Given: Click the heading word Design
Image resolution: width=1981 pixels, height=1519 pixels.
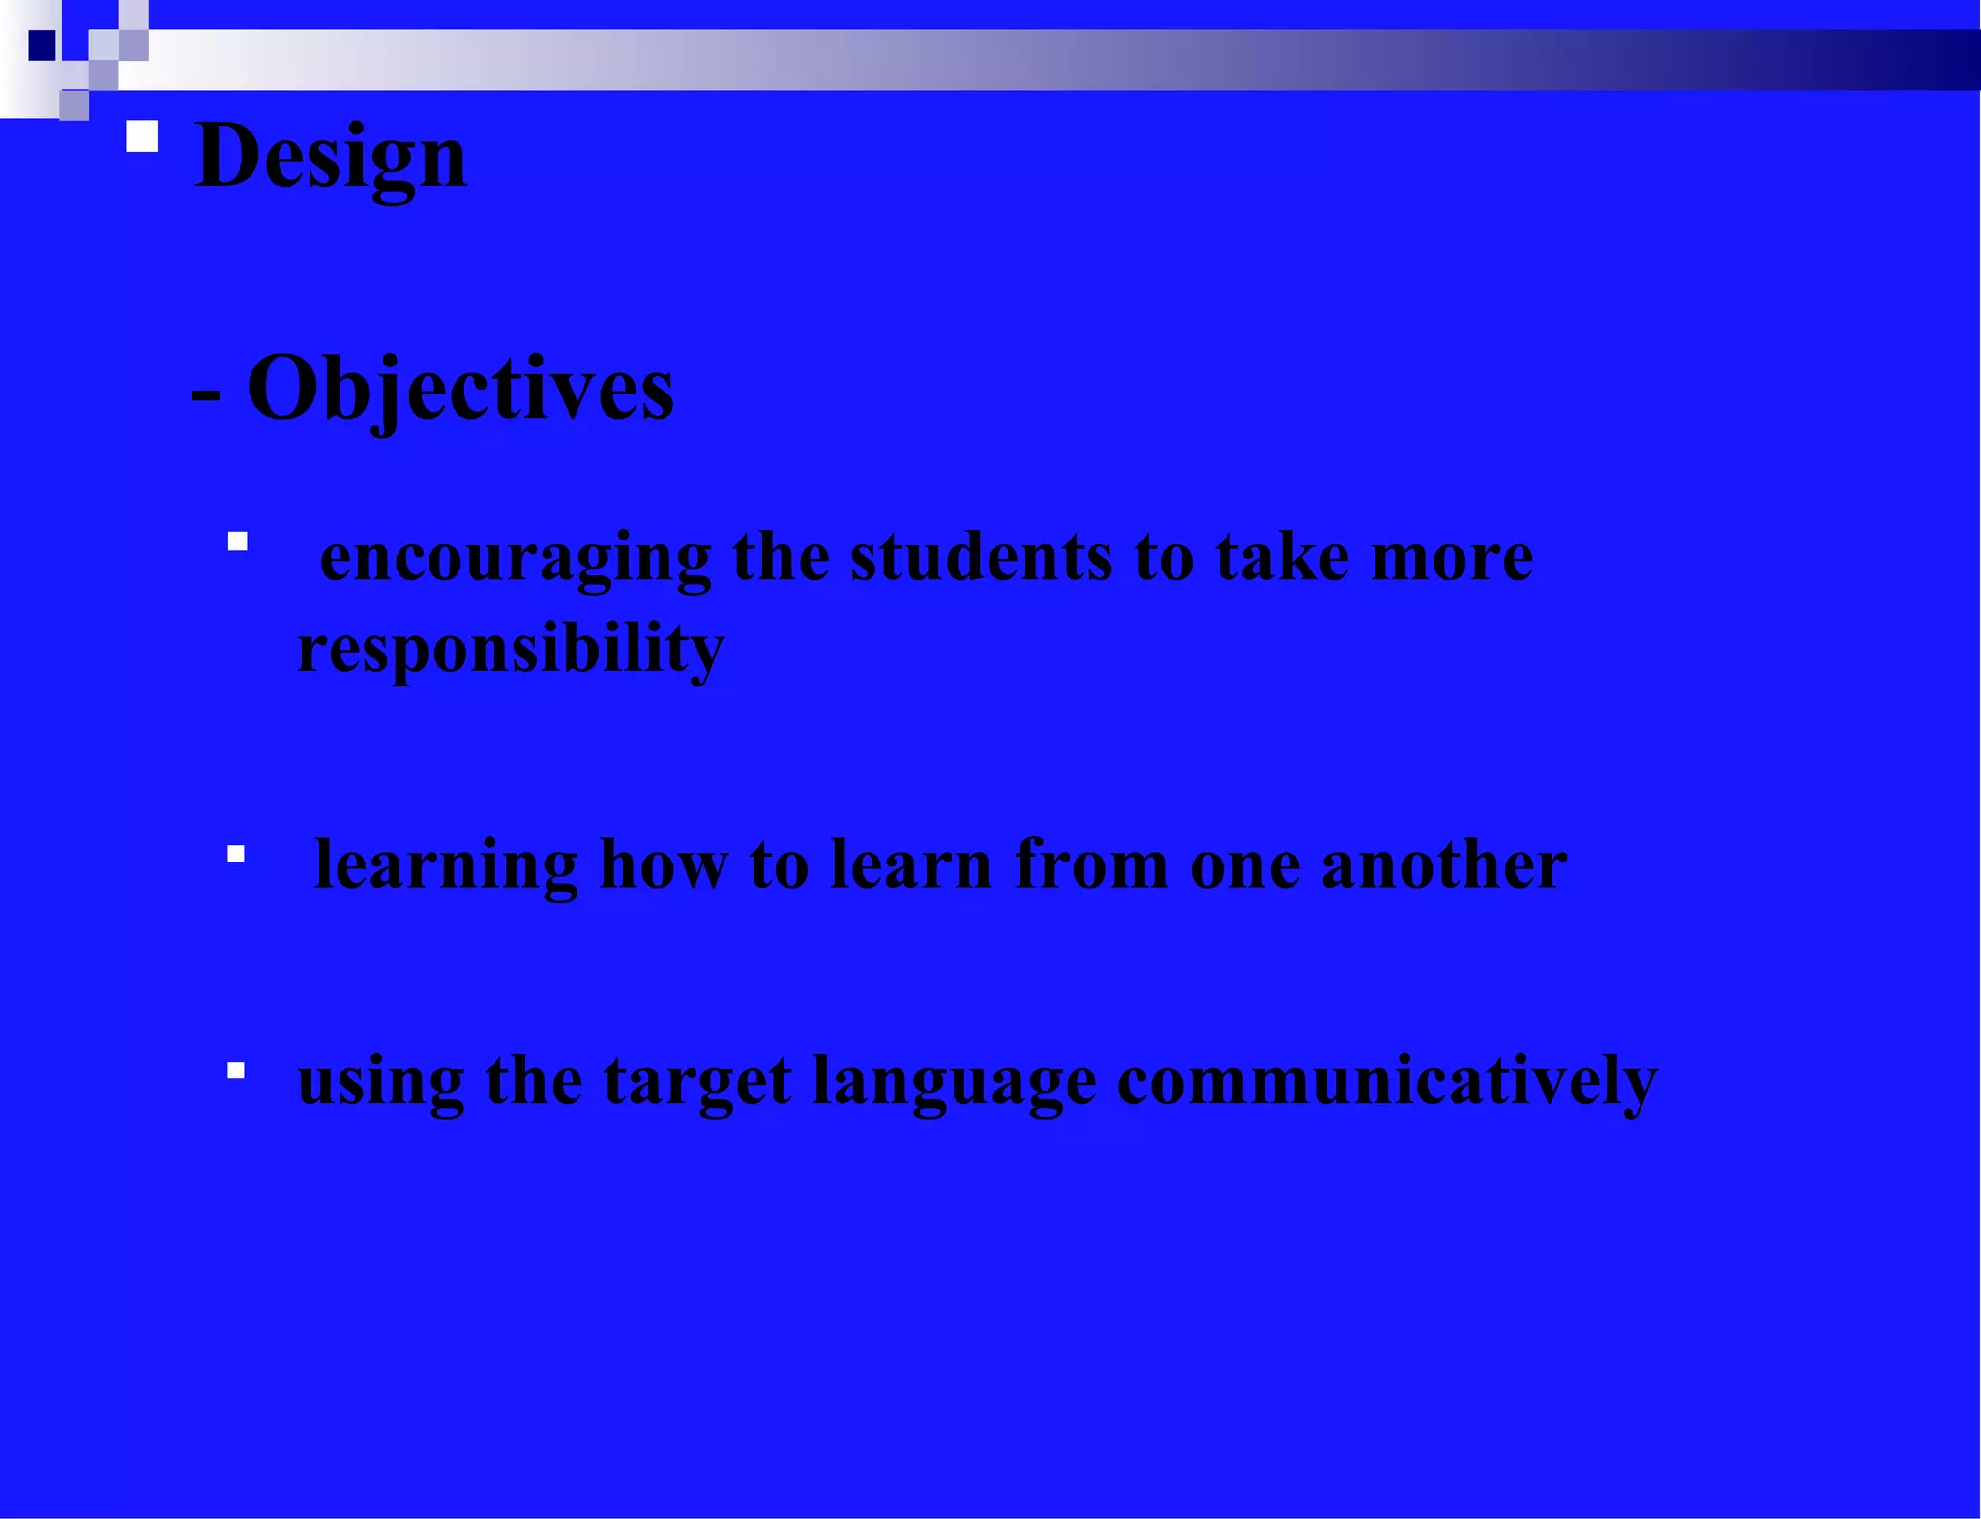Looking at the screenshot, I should [x=331, y=157].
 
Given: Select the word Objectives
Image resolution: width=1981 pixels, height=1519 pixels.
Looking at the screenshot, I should [x=460, y=389].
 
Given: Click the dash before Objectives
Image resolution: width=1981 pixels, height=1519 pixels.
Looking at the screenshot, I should [x=206, y=395].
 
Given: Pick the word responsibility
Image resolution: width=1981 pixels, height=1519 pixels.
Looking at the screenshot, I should [x=510, y=649].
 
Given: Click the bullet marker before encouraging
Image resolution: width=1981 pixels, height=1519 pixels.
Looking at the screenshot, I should [x=238, y=541].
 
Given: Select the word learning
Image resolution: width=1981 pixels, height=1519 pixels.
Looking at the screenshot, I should [x=446, y=864].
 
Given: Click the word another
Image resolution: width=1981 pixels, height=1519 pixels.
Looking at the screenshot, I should [x=1443, y=864].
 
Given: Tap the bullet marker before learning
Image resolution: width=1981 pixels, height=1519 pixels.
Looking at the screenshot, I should [x=236, y=854].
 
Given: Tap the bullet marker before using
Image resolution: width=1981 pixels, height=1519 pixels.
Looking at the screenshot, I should [x=236, y=1070].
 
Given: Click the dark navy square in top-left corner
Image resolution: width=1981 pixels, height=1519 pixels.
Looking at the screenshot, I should [x=42, y=45].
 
